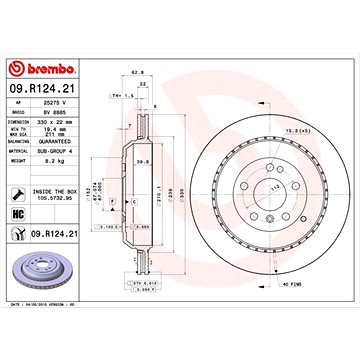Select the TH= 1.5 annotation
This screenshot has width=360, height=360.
click(117, 95)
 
